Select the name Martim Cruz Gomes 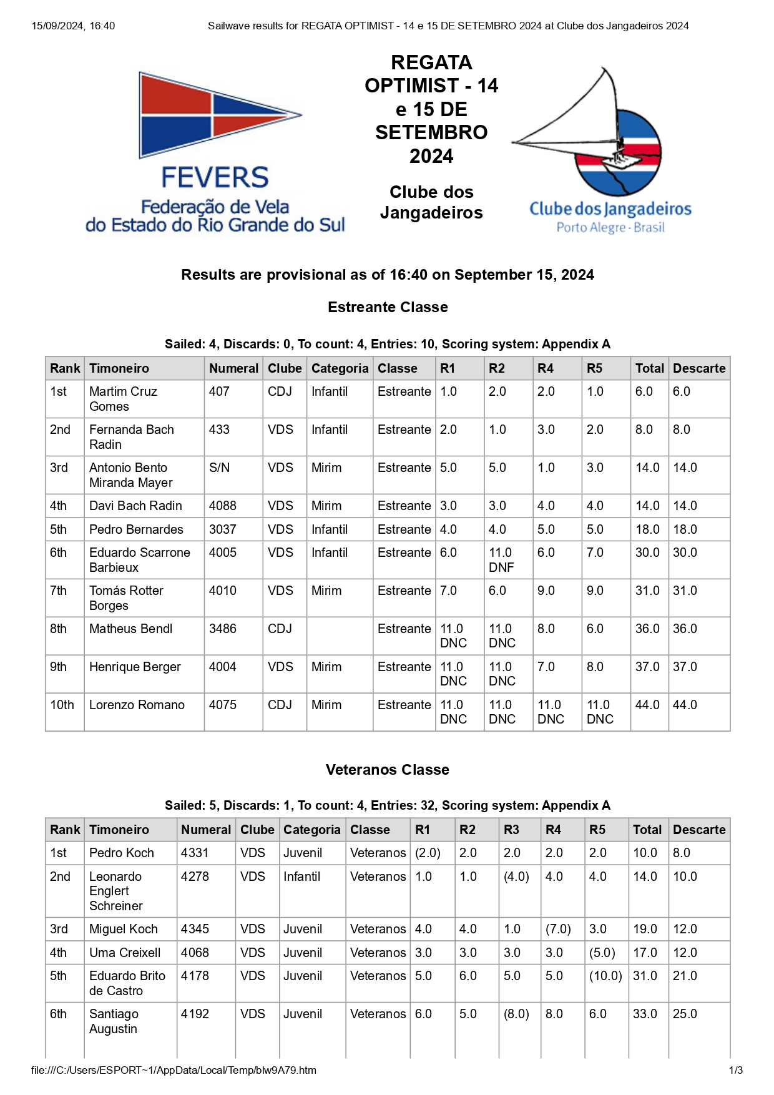tap(123, 399)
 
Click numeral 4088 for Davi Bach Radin tap(223, 506)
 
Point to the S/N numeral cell tap(219, 468)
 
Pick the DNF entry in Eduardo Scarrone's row tap(501, 567)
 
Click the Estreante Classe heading tap(388, 307)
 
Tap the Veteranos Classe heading tap(387, 770)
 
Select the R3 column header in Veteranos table tap(511, 830)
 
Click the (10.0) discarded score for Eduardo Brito tap(605, 976)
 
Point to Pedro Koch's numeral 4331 tap(195, 853)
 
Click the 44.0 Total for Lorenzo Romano tap(647, 705)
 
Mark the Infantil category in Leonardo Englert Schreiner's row tap(301, 876)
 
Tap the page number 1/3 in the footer tap(735, 1070)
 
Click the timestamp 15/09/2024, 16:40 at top tap(73, 26)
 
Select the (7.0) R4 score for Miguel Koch tap(558, 929)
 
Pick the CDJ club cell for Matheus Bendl tap(280, 629)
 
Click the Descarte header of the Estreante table tap(699, 368)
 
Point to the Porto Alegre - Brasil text tap(610, 227)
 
